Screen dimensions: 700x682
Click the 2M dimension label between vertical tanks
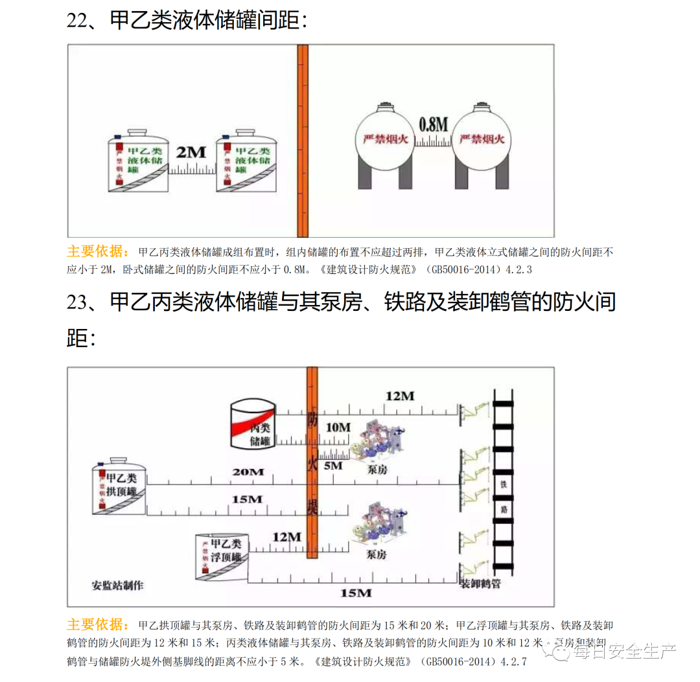coord(191,153)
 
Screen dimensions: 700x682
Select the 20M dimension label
coord(248,472)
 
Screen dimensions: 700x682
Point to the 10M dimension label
coord(338,427)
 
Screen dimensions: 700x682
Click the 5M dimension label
coord(332,466)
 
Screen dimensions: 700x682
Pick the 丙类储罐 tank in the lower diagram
coord(253,424)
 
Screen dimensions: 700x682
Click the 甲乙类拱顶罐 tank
coord(119,487)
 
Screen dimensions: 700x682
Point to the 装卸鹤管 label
coord(480,584)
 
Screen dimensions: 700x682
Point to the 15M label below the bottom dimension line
coord(356,593)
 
